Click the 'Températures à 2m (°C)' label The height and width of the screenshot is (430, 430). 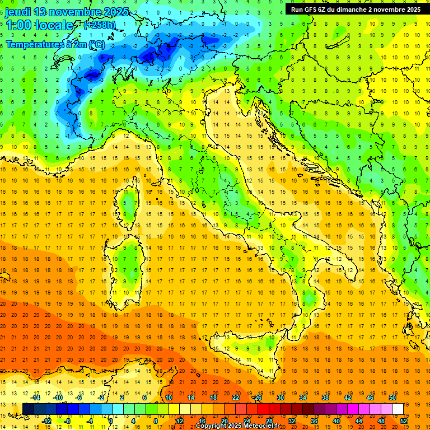(55, 44)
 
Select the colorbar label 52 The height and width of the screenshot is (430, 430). (404, 420)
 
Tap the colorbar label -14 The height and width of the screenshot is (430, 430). (35, 398)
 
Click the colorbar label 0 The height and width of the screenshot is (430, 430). (111, 420)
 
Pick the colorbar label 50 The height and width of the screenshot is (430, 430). (392, 398)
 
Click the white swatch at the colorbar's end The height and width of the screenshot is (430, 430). (398, 409)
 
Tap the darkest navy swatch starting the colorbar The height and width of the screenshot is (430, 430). (28, 409)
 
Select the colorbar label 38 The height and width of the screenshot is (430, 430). (325, 398)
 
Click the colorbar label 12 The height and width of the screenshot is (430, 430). (179, 420)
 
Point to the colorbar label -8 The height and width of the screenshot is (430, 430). (68, 420)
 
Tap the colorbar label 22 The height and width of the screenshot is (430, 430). (236, 398)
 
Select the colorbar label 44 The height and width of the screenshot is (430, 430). (359, 420)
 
